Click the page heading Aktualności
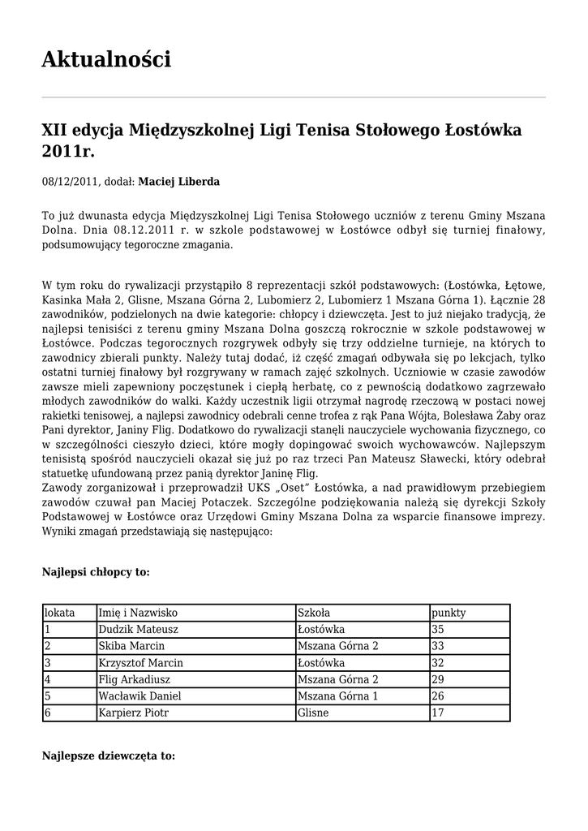106,59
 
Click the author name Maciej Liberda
178,182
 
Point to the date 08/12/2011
68,182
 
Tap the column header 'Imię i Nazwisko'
138,613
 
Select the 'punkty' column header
449,613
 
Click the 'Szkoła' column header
314,613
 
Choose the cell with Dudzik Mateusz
138,629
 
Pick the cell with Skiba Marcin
131,646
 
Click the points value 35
438,629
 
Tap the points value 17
438,713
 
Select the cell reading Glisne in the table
312,713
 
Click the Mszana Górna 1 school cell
338,695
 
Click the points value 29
438,679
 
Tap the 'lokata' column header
59,613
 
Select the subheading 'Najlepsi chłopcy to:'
96,572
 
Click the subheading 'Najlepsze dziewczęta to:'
108,756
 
